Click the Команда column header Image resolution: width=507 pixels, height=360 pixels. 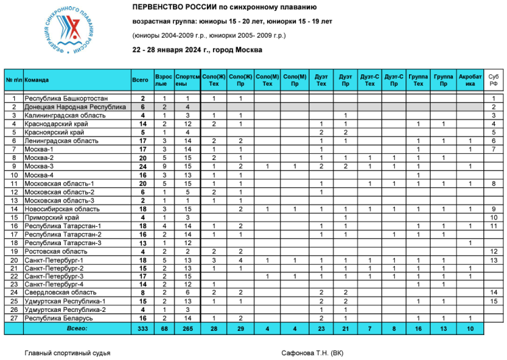click(x=37, y=80)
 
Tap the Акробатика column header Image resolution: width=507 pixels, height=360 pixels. click(x=470, y=80)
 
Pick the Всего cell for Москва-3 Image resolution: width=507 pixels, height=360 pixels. click(x=143, y=166)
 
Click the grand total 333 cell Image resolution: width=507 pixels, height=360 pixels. click(x=143, y=328)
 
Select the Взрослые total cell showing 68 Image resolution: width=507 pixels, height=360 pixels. click(x=164, y=328)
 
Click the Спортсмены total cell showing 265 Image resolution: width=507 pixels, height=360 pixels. click(x=187, y=328)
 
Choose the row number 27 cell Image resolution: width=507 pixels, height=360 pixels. click(x=14, y=317)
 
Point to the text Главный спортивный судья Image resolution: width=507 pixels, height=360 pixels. click(x=68, y=353)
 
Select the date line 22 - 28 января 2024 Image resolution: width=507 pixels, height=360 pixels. click(x=197, y=49)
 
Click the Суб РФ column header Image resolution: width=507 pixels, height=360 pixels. click(x=493, y=80)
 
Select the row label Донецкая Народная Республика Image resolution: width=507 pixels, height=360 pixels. click(x=75, y=107)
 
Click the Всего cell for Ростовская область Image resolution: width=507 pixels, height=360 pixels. click(x=143, y=251)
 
